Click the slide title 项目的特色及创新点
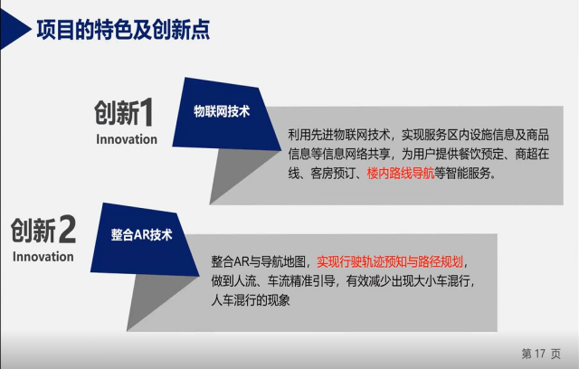tap(123, 30)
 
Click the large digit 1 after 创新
tap(147, 112)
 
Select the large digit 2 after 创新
tap(67, 230)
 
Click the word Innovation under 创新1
tap(127, 139)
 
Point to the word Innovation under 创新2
tap(43, 257)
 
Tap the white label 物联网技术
tap(222, 111)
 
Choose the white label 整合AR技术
tap(142, 234)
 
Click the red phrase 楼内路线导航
tap(401, 173)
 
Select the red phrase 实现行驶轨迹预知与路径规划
tap(390, 262)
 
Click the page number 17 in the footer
tap(540, 354)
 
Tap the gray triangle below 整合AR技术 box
tap(159, 301)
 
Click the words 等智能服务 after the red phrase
tap(462, 173)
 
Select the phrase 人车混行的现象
tap(251, 300)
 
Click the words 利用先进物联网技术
tap(339, 135)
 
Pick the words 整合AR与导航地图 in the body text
tap(259, 262)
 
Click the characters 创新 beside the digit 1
tap(117, 113)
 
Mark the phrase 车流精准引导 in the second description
tap(301, 281)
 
